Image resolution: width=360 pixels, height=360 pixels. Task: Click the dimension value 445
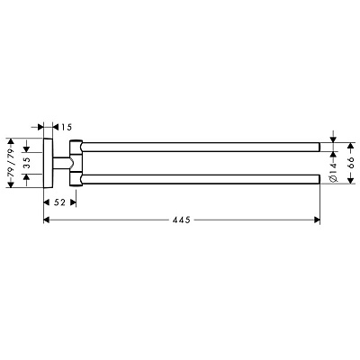click(182, 220)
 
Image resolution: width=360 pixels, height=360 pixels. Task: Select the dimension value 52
click(59, 202)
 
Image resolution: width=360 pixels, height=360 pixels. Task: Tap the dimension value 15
click(67, 128)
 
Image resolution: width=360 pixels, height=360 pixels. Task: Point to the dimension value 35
click(27, 163)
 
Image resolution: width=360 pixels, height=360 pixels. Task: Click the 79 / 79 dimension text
click(11, 163)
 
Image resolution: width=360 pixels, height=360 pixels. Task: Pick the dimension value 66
click(351, 163)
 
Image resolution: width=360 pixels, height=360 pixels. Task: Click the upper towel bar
click(200, 147)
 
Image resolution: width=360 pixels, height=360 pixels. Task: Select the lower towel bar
click(200, 179)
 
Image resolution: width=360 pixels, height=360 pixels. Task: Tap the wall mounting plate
click(49, 163)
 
